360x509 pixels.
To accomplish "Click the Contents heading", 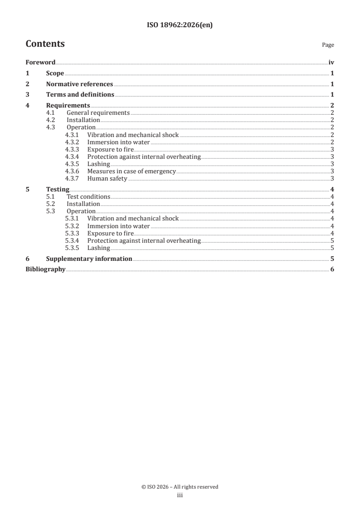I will tap(45, 44).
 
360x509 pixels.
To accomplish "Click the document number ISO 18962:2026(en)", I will tap(180, 25).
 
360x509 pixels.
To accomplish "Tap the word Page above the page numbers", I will tap(328, 45).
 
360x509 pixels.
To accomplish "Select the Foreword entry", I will tap(40, 63).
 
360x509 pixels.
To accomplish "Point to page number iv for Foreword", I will tap(331, 63).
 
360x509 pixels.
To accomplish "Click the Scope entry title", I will tap(55, 73).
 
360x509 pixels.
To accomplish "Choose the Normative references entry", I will tap(79, 84).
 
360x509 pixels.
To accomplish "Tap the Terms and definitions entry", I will tap(80, 95).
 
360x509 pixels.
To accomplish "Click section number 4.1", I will tap(51, 113).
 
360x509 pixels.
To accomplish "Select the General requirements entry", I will tap(98, 113).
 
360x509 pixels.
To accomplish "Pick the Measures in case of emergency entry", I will tap(131, 171).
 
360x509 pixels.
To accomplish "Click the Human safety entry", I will tap(107, 178).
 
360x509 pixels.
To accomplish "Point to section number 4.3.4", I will tap(73, 157).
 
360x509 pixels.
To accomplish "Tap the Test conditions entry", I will tap(88, 196).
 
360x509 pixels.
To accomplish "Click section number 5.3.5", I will tap(73, 248).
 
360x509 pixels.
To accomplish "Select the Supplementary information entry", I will tap(89, 259).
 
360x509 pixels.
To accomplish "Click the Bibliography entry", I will tap(45, 269).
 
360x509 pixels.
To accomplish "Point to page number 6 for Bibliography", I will tap(332, 269).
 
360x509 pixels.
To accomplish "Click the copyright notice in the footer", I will tap(180, 487).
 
